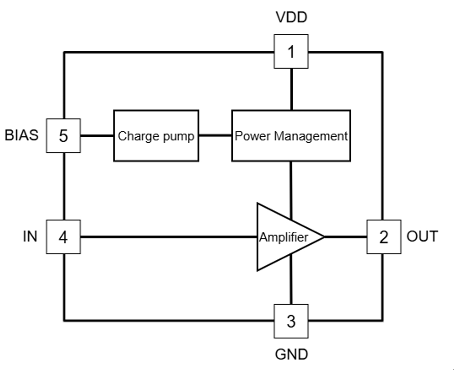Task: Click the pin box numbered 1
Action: (x=291, y=52)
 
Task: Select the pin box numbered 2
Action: (x=383, y=237)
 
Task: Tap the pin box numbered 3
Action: (x=291, y=321)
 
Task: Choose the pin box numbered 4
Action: (x=64, y=237)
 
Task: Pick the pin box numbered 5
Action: (x=64, y=135)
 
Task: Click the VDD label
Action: (x=291, y=18)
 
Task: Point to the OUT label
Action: (x=422, y=236)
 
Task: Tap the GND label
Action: (x=291, y=355)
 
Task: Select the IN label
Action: (x=30, y=236)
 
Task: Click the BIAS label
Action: (x=22, y=135)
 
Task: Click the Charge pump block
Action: (x=156, y=135)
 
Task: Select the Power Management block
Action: (x=291, y=135)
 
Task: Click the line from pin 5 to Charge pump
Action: (x=97, y=135)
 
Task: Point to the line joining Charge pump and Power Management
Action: (x=215, y=135)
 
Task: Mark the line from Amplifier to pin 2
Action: (x=345, y=237)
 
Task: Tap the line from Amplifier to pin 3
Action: (x=291, y=284)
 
